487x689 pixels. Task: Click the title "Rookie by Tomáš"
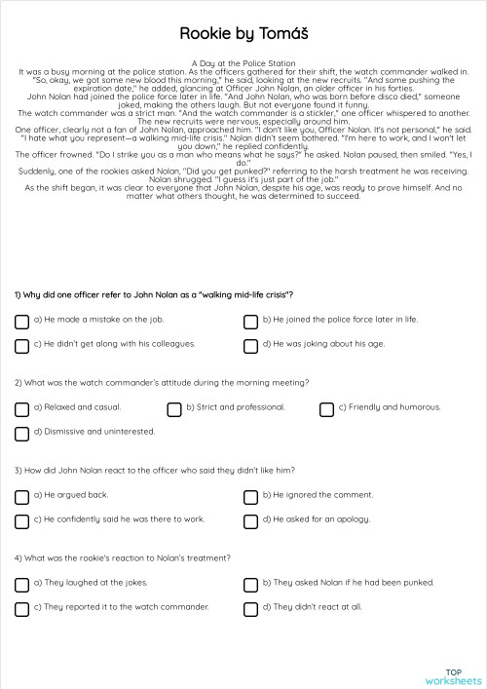coord(243,33)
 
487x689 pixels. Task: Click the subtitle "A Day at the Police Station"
coord(243,62)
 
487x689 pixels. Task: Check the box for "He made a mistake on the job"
coord(21,321)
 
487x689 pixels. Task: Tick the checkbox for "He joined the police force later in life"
coord(250,321)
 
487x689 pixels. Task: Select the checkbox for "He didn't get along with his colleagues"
coord(21,346)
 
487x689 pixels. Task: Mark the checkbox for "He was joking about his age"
coord(250,346)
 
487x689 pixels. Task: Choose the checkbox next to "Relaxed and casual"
coord(21,408)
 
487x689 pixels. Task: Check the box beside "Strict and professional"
coord(174,408)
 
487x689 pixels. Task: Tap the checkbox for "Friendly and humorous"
coord(326,408)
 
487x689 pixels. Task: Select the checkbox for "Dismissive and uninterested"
coord(21,434)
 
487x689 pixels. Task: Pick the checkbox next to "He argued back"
coord(21,496)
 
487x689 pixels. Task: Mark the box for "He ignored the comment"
coord(250,496)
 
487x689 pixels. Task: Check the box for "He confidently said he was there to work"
coord(21,521)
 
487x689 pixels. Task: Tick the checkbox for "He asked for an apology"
coord(250,521)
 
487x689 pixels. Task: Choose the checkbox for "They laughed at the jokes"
coord(21,584)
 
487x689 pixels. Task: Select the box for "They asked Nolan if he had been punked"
coord(250,584)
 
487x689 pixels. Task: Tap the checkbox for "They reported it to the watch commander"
coord(21,609)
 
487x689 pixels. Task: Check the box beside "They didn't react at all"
coord(250,609)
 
